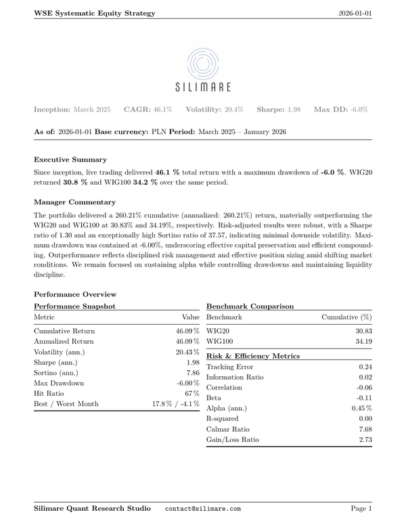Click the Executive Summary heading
[70, 160]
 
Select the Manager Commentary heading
[74, 202]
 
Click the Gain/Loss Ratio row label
[232, 440]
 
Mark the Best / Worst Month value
[175, 404]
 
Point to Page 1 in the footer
[361, 508]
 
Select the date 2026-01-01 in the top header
[355, 13]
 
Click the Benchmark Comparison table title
[250, 306]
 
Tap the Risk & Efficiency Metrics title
[252, 355]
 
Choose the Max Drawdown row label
[59, 383]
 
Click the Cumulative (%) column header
[346, 317]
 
